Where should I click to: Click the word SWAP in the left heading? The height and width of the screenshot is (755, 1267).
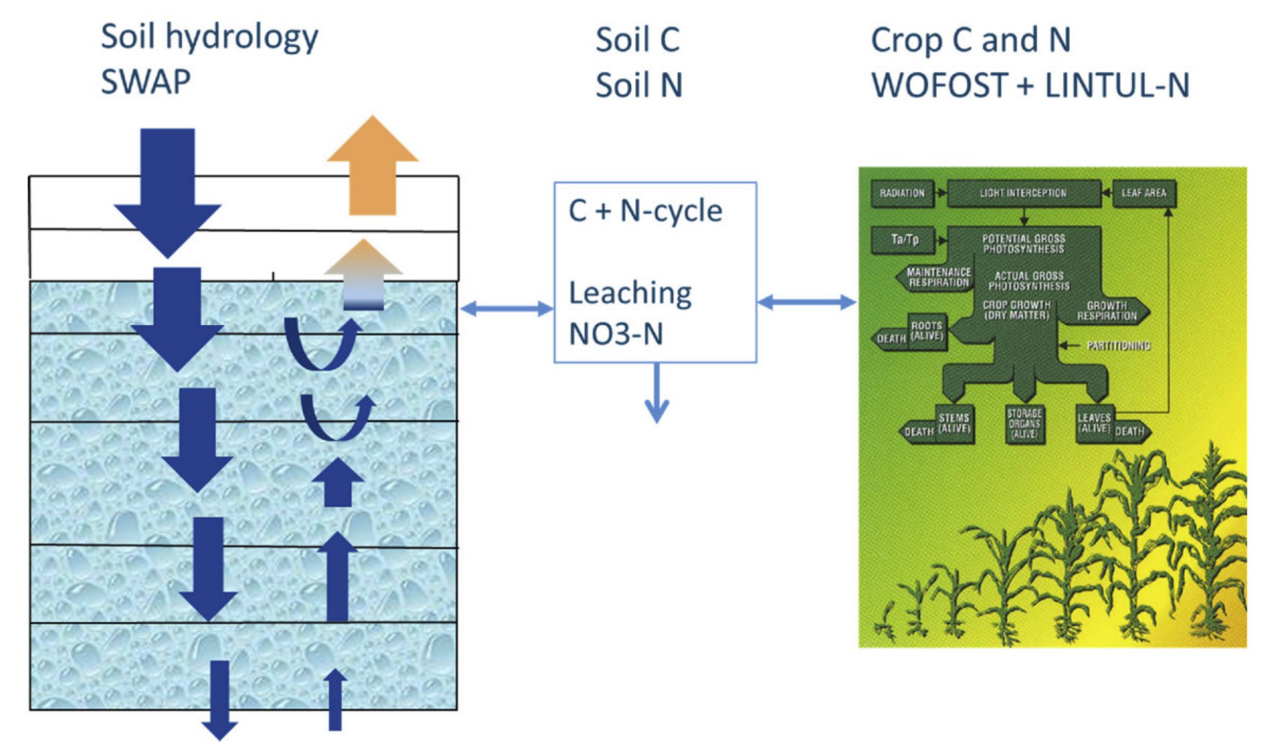coord(145,82)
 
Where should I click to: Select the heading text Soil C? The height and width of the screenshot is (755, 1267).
coord(637,39)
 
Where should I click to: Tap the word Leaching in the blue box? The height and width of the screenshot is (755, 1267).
coord(630,293)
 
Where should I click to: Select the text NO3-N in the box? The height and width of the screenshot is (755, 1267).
coord(615,334)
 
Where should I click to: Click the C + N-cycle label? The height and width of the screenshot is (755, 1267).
coord(645,211)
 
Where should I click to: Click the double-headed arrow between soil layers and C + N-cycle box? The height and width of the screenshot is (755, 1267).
coord(506,309)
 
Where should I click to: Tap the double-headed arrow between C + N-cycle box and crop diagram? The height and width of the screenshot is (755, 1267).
coord(806,302)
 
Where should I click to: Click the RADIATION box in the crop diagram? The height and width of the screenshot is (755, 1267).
coord(902,193)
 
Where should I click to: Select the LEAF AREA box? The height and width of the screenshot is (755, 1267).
coord(1143,193)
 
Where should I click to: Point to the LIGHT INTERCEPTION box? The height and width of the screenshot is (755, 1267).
coord(1023,193)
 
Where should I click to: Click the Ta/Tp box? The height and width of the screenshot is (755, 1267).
coord(904,239)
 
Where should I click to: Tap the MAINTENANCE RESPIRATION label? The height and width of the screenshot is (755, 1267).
coord(938,278)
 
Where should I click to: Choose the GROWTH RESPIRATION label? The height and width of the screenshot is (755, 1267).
coord(1106,311)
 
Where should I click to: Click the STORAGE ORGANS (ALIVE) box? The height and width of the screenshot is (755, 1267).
coord(1024,424)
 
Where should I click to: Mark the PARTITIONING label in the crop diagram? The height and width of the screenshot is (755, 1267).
coord(1118,345)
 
